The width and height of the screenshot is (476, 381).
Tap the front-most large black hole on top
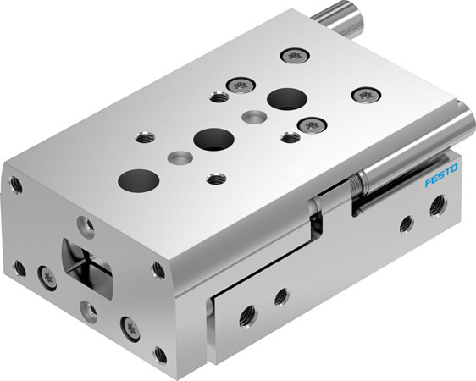(138, 179)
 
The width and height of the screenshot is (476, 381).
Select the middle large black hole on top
(213, 138)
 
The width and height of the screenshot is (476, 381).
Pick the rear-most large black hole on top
(285, 98)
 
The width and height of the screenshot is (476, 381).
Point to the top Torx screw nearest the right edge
(366, 95)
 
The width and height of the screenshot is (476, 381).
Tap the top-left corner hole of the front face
(15, 183)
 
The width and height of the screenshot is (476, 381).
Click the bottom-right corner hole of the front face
(161, 352)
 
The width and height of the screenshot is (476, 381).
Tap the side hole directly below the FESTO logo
(438, 205)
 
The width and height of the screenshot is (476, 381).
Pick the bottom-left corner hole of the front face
(19, 268)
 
